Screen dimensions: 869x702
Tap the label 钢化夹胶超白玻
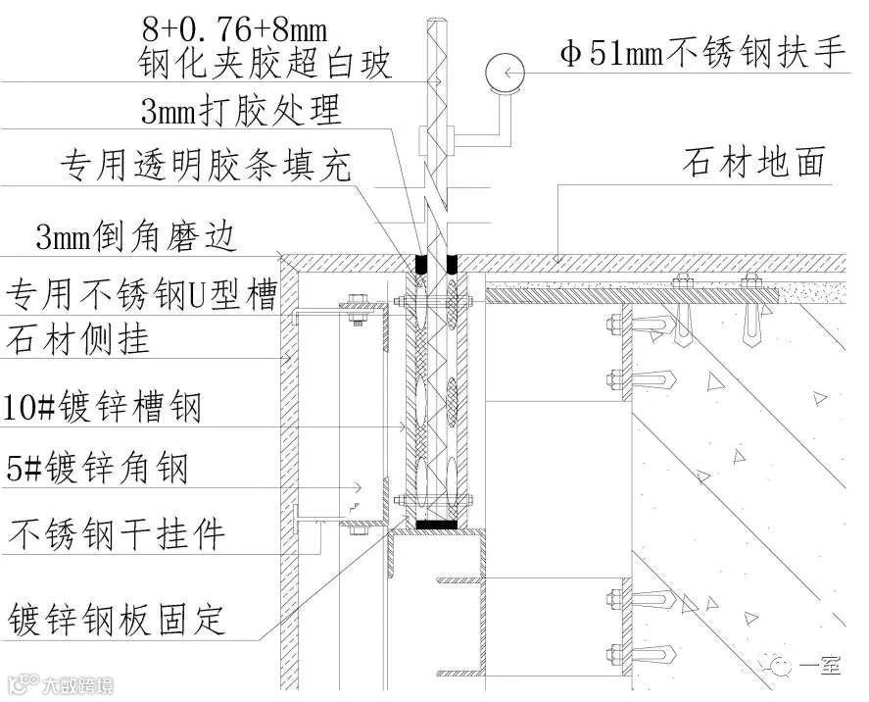click(266, 64)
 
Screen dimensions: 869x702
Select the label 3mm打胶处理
click(241, 111)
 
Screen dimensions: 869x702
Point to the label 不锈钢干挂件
click(118, 534)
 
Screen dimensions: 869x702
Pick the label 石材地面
click(753, 163)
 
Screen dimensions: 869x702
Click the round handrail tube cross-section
click(505, 72)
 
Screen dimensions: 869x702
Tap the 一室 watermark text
click(820, 666)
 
